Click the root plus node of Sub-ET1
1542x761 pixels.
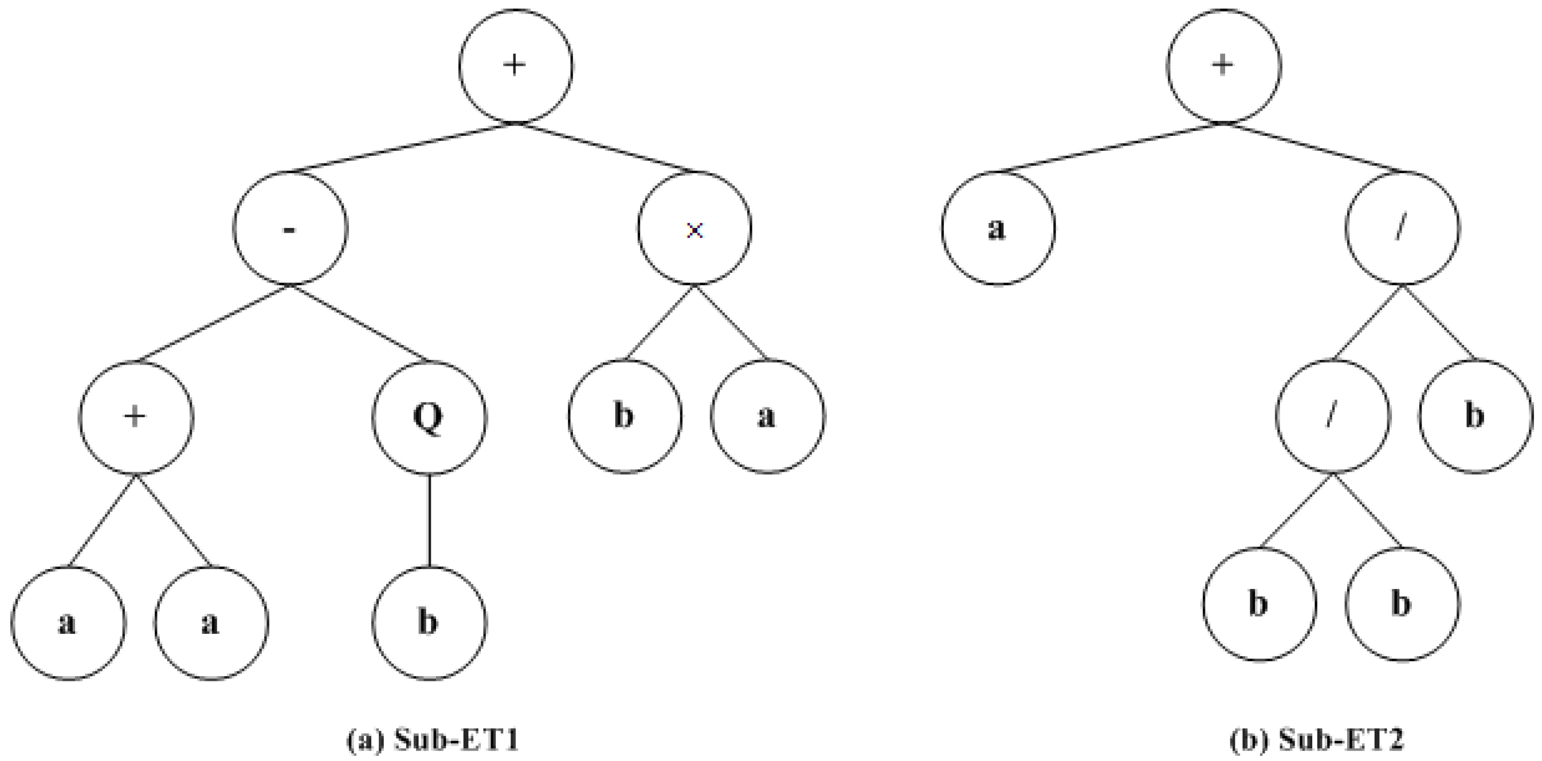(x=515, y=66)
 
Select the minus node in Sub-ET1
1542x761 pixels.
(x=290, y=229)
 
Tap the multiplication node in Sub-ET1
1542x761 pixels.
(x=695, y=229)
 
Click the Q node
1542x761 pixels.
(x=429, y=417)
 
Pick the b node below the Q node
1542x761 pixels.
(x=429, y=623)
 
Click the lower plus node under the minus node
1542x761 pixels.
(x=136, y=417)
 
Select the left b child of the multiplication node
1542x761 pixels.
(x=625, y=417)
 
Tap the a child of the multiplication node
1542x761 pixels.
(x=767, y=417)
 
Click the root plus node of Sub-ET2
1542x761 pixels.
(x=1223, y=66)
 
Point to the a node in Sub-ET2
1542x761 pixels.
(x=998, y=229)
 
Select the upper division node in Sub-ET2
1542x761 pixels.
(x=1402, y=229)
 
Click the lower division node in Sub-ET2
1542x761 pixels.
(x=1332, y=417)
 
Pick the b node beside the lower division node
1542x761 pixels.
(x=1476, y=417)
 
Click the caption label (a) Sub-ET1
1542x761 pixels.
(x=432, y=740)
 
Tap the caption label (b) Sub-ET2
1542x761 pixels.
(x=1316, y=740)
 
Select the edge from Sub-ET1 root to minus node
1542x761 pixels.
(x=402, y=148)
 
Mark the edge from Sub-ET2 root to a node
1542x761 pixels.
(x=1111, y=148)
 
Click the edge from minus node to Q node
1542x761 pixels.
(x=360, y=324)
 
